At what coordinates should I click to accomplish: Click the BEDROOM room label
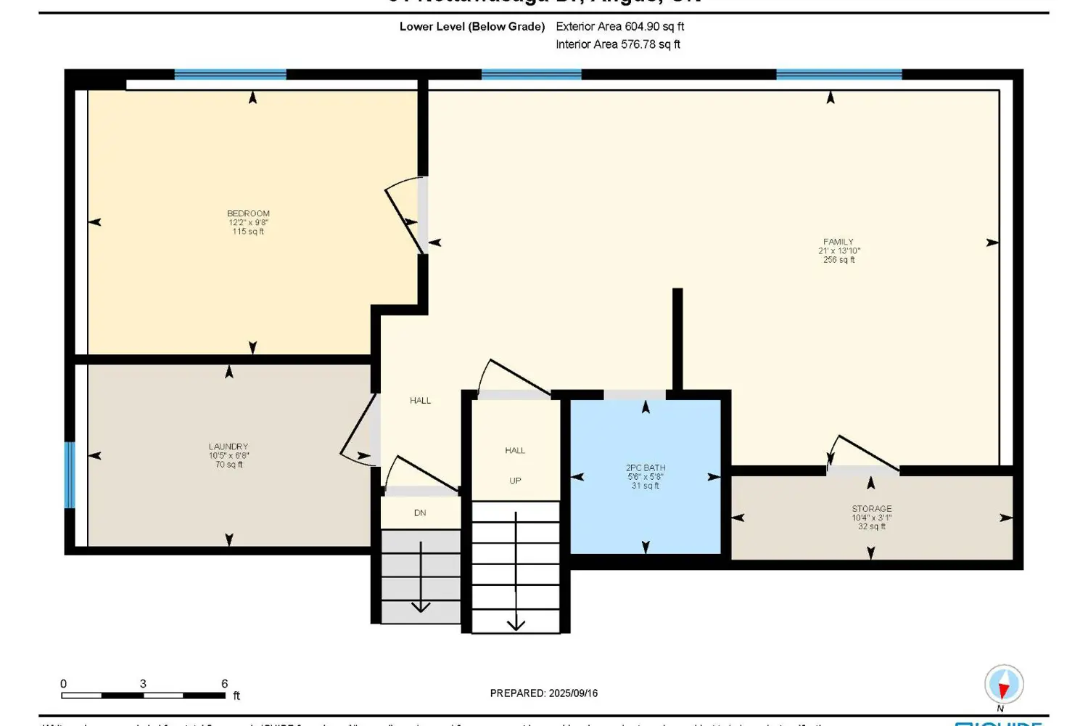[248, 213]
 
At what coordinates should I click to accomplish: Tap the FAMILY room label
[838, 242]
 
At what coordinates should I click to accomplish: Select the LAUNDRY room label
[228, 446]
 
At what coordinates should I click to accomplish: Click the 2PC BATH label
[646, 468]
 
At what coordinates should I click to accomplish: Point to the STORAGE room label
[872, 509]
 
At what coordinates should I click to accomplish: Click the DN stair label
[420, 513]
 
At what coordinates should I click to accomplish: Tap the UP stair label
[515, 481]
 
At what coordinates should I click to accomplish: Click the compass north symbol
[1004, 685]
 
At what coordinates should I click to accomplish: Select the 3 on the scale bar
[143, 684]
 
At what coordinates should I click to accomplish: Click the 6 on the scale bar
[225, 684]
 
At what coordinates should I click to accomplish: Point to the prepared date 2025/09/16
[573, 693]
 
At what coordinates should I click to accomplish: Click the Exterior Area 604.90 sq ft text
[620, 27]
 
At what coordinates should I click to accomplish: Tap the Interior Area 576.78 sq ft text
[618, 44]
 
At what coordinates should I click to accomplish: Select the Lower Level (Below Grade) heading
[472, 27]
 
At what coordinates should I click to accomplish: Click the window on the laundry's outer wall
[70, 475]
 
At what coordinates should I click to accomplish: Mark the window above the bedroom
[231, 75]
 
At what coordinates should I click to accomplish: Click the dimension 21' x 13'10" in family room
[839, 251]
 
